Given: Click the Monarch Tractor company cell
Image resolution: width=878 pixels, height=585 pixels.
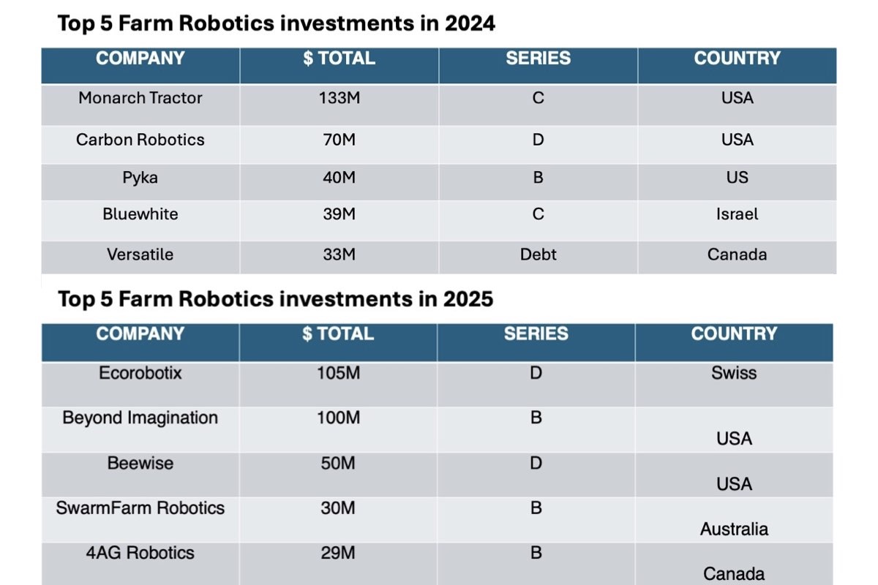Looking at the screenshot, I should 140,98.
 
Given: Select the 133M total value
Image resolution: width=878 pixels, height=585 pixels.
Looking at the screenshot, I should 339,98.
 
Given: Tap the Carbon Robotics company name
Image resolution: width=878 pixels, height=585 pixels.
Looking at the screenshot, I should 140,140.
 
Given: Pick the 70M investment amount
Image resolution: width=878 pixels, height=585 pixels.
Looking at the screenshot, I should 339,140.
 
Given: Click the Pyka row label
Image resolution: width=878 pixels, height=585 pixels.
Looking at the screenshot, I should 140,178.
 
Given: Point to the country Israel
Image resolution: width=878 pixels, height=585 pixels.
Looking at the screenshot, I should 737,214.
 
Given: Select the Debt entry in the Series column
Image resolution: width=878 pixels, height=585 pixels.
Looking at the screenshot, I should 538,254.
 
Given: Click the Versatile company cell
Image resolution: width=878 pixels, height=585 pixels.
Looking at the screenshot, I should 140,254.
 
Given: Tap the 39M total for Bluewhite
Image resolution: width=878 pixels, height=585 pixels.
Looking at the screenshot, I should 339,214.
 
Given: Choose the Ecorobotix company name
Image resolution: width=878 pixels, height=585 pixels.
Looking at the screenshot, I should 140,373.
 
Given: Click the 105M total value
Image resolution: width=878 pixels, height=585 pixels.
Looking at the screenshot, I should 338,373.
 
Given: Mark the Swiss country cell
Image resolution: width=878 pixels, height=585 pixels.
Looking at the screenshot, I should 734,373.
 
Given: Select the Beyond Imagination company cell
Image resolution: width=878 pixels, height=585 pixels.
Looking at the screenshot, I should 140,418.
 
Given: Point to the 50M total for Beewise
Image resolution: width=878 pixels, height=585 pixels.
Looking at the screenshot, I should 338,463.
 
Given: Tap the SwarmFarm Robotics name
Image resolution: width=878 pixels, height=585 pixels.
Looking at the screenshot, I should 140,508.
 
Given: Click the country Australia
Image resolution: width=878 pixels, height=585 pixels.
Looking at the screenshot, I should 734,529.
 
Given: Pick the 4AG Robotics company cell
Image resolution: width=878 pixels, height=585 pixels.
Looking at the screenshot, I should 140,553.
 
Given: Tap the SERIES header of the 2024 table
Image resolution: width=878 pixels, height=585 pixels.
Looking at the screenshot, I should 538,58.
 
